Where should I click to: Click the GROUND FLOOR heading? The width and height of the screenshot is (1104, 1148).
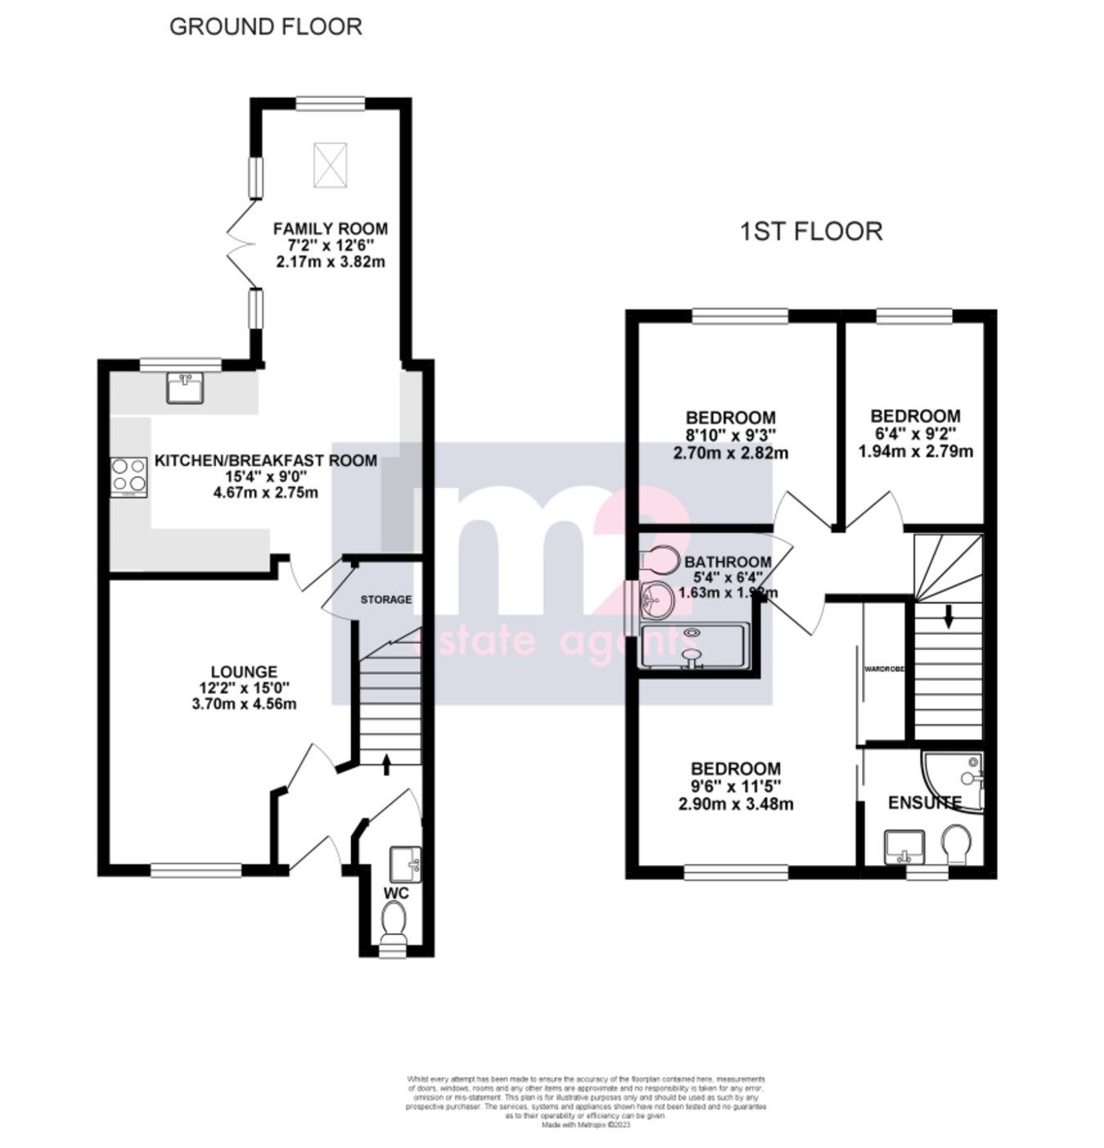click(265, 26)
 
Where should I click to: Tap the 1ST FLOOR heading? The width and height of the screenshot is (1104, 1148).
click(810, 231)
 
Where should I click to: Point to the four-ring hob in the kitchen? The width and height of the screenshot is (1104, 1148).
click(128, 477)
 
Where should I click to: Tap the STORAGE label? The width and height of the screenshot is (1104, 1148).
click(386, 599)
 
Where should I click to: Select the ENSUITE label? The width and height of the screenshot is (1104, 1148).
click(924, 802)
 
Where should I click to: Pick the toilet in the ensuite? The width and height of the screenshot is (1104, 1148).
click(956, 843)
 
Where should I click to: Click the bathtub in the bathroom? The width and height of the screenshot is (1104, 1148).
click(694, 646)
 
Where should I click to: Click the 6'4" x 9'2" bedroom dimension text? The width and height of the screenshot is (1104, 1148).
click(915, 433)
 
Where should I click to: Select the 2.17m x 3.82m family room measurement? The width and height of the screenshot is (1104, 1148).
click(330, 262)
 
